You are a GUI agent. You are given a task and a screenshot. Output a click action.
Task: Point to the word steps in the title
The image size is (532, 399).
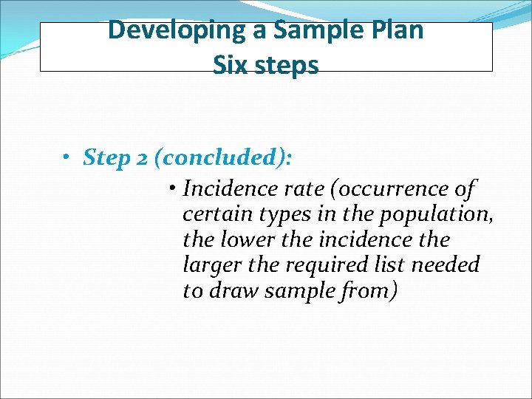[285, 66]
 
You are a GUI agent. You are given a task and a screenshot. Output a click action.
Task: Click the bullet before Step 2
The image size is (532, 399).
[66, 157]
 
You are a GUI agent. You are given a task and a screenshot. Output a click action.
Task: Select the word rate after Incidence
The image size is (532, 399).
[306, 190]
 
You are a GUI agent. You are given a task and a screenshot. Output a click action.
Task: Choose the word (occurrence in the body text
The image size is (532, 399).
[387, 190]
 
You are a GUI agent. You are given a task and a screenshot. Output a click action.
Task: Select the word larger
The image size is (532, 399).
[209, 265]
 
